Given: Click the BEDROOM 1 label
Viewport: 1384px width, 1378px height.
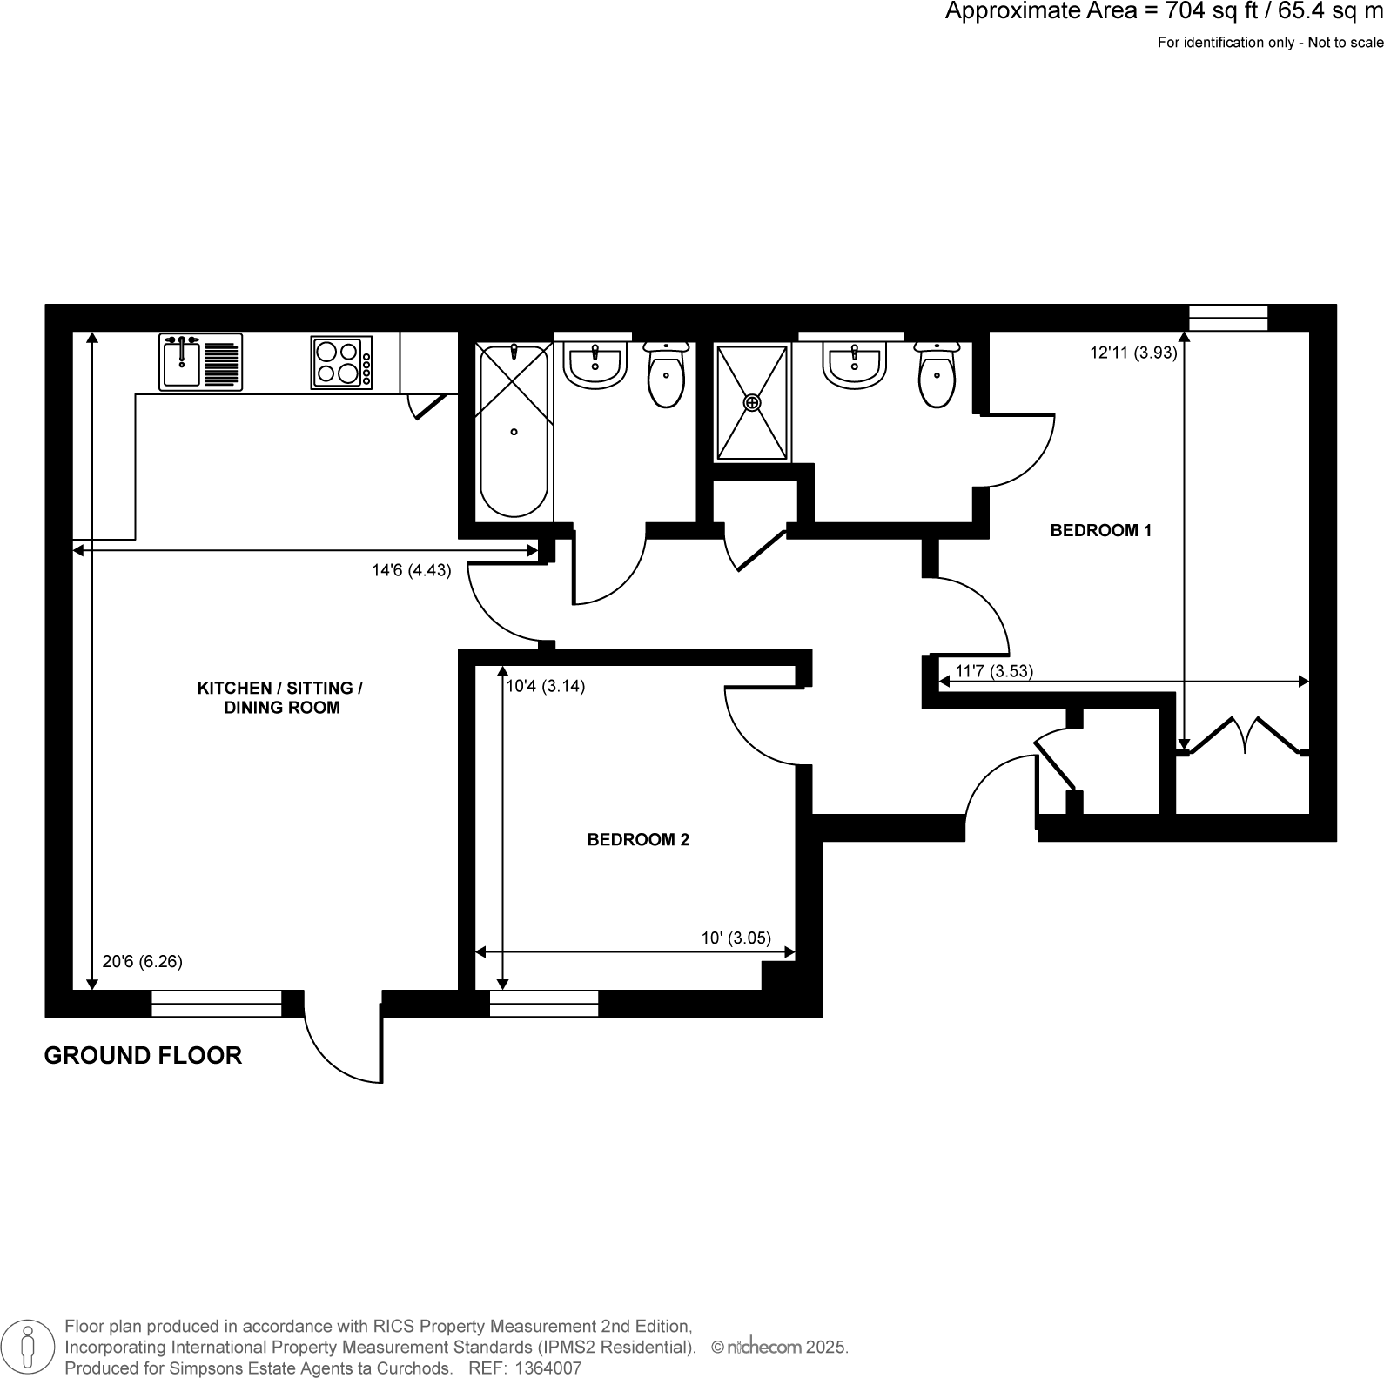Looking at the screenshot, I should click(x=1100, y=530).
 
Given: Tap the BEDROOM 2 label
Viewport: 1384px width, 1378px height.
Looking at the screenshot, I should click(x=638, y=840).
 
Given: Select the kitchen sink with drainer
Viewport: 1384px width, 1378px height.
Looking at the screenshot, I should click(x=200, y=362).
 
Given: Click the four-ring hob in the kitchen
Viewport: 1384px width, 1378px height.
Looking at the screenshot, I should click(x=338, y=362).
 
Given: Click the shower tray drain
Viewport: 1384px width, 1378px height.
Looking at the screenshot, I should click(x=752, y=403).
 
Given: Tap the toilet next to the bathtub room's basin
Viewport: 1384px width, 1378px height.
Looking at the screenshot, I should click(x=667, y=374).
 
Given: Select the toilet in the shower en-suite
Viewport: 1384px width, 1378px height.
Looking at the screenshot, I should click(x=937, y=375).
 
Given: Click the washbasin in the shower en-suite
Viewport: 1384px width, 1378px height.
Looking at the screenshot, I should click(x=855, y=364).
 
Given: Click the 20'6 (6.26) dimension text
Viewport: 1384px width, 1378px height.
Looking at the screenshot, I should click(x=142, y=962).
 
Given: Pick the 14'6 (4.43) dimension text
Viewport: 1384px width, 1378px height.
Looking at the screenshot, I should click(x=411, y=571).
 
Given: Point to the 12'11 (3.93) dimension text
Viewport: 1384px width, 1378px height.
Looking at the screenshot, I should click(x=1133, y=353).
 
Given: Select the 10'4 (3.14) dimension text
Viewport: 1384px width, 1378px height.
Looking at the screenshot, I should click(x=546, y=686).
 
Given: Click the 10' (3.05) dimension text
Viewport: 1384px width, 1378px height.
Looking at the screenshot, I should click(x=736, y=938).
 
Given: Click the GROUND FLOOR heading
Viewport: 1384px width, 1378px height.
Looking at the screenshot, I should click(x=143, y=1056).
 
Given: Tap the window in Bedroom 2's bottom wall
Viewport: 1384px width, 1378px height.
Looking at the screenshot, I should click(x=544, y=1004).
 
